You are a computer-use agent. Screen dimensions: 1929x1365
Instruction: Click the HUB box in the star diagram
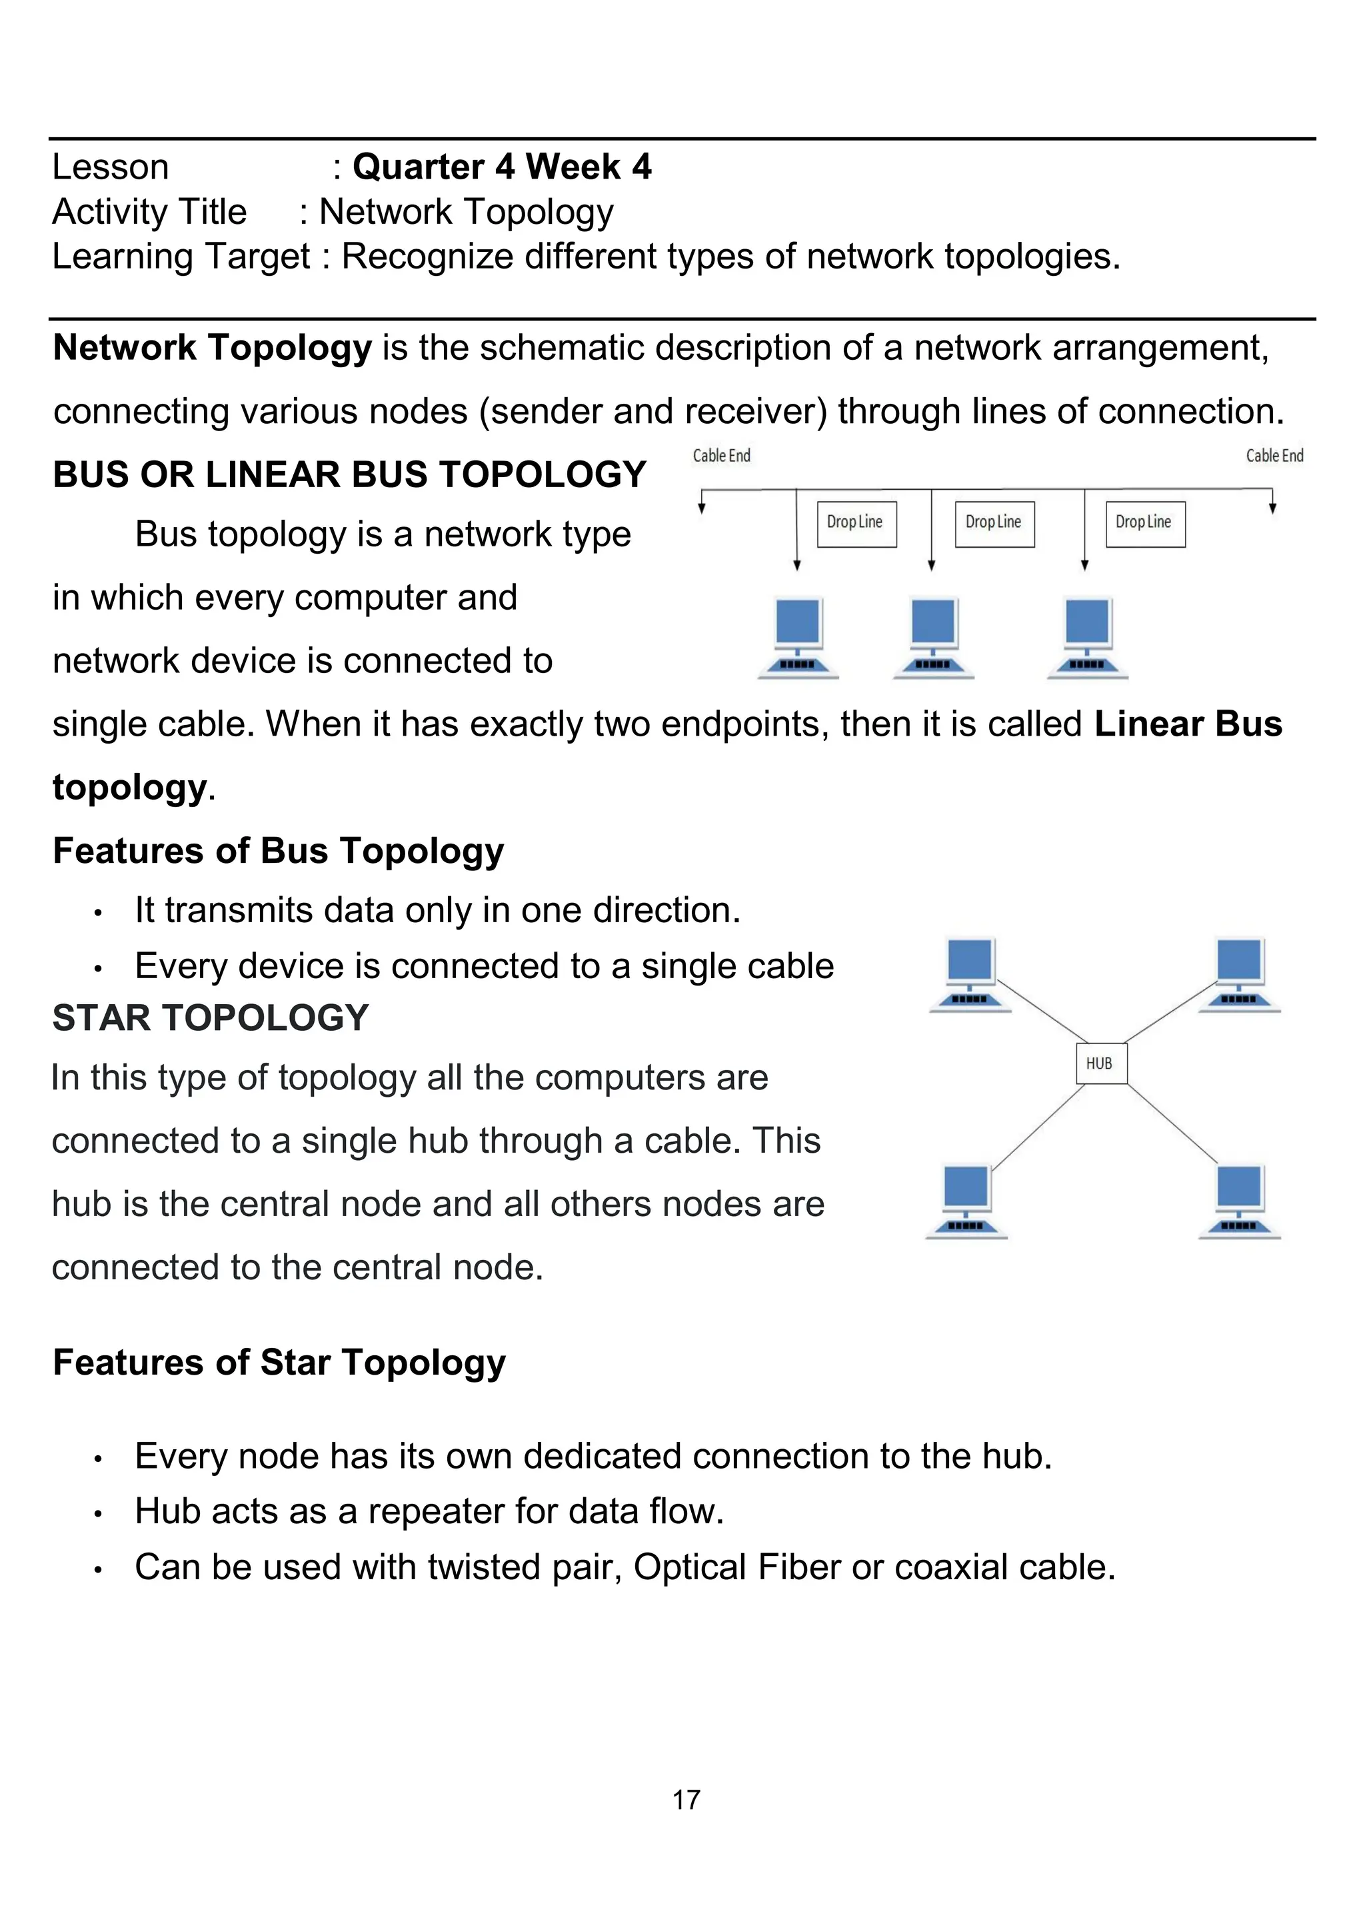tap(1100, 1063)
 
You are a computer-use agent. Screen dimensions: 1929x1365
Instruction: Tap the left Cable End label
tap(721, 455)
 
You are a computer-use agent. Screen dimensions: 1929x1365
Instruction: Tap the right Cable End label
tap(1274, 455)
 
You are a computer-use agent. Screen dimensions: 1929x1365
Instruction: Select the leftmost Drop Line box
tap(856, 524)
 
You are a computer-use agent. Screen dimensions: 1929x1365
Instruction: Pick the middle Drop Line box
tap(994, 524)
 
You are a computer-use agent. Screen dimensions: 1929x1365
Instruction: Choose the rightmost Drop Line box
tap(1145, 524)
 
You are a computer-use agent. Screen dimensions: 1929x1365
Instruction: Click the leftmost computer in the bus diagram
tap(798, 637)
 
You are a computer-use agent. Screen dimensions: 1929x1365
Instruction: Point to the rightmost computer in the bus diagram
tap(1088, 637)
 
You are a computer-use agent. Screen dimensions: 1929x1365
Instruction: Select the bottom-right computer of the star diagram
tap(1239, 1201)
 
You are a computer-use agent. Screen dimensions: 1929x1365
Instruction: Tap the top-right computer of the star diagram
tap(1239, 975)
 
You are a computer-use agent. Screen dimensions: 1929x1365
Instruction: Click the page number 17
tap(686, 1799)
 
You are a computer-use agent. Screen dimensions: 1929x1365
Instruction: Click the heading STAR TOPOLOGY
tap(210, 1017)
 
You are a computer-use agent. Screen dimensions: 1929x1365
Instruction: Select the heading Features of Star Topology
tap(279, 1362)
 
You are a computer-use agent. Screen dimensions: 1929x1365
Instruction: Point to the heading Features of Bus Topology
tap(278, 850)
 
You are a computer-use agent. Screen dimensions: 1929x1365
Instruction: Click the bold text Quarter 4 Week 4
tap(502, 167)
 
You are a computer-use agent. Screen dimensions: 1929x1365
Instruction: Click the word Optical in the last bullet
tap(689, 1567)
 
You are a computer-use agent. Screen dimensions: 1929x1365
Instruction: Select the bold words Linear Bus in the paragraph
tap(1188, 724)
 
